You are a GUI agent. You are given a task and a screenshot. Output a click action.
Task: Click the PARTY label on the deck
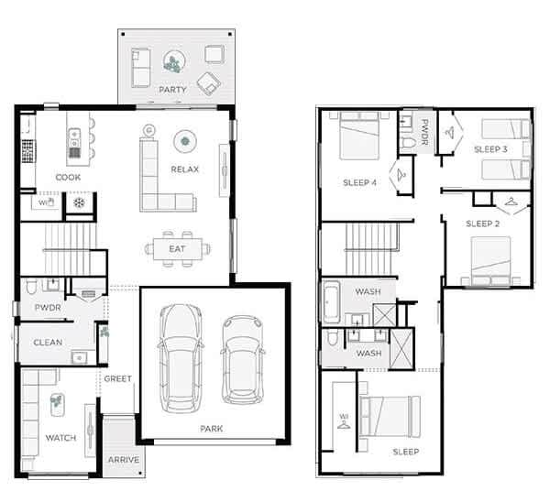(172, 90)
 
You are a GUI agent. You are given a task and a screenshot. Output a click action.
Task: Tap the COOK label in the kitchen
(68, 178)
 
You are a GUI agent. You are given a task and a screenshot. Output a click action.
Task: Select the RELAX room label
(185, 170)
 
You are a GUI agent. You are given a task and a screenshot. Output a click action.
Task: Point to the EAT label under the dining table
(177, 248)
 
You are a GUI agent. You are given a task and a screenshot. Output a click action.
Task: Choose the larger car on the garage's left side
(180, 354)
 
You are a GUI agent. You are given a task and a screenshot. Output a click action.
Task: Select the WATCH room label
(60, 438)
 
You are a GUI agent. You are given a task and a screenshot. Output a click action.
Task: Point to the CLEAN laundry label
(48, 343)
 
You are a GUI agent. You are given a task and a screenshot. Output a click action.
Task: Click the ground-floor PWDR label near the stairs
(48, 308)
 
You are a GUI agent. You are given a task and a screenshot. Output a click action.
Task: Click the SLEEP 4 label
(359, 182)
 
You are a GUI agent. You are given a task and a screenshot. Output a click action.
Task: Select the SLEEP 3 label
(490, 148)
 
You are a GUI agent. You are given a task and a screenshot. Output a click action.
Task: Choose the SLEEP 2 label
(482, 224)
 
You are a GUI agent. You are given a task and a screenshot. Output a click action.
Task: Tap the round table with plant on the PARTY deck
(172, 62)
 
